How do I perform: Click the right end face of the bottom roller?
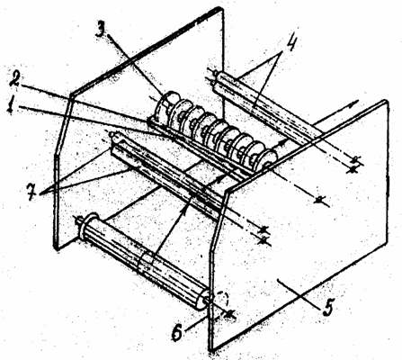[202, 300]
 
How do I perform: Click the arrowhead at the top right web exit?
[353, 103]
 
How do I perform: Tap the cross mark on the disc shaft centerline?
[321, 199]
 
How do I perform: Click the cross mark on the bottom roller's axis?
[229, 314]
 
